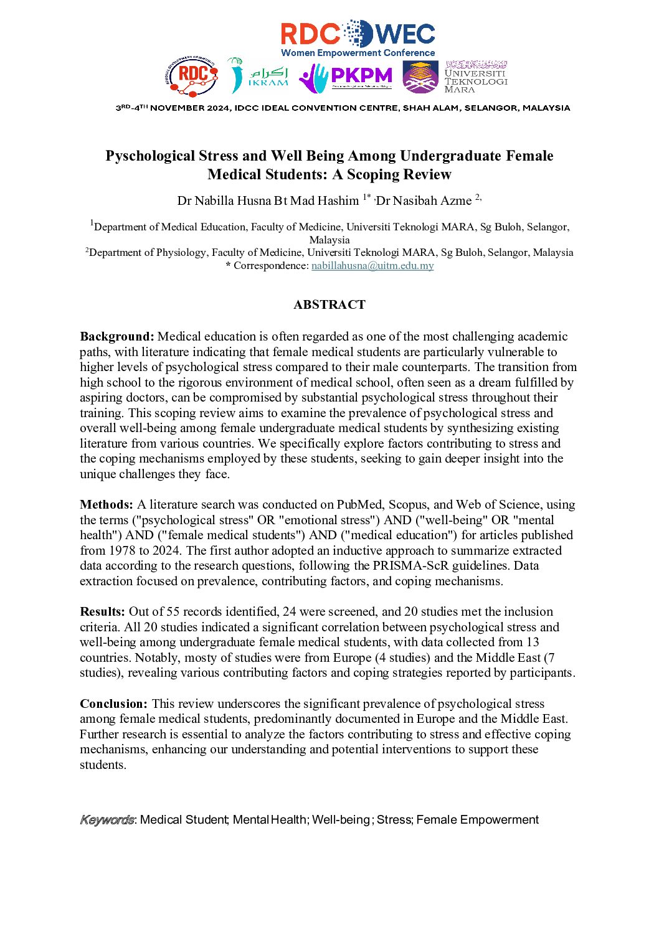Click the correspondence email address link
point(372,266)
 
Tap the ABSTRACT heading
point(329,304)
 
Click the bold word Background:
point(117,337)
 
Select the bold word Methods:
point(107,505)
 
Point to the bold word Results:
point(103,612)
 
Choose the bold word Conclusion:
point(114,704)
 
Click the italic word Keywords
point(107,820)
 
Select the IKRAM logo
point(258,77)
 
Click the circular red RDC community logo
point(191,76)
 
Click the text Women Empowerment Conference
point(358,53)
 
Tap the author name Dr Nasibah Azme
point(424,200)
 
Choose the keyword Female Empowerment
point(477,820)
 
